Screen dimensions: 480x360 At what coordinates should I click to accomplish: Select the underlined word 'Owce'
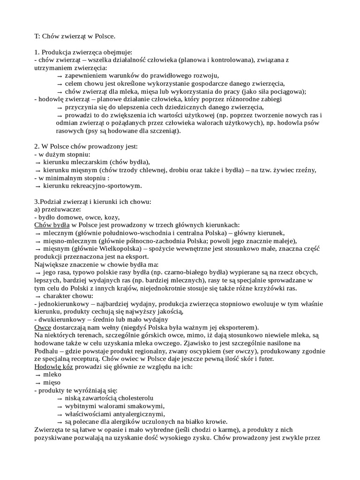pos(44,327)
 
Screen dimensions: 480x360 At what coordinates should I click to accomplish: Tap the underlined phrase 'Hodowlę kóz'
pos(54,367)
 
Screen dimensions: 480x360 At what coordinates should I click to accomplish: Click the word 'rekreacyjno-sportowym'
pos(92,186)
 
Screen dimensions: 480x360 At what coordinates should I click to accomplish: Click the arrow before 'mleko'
pos(38,375)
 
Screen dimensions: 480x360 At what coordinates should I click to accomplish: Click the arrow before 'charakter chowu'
pos(38,296)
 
